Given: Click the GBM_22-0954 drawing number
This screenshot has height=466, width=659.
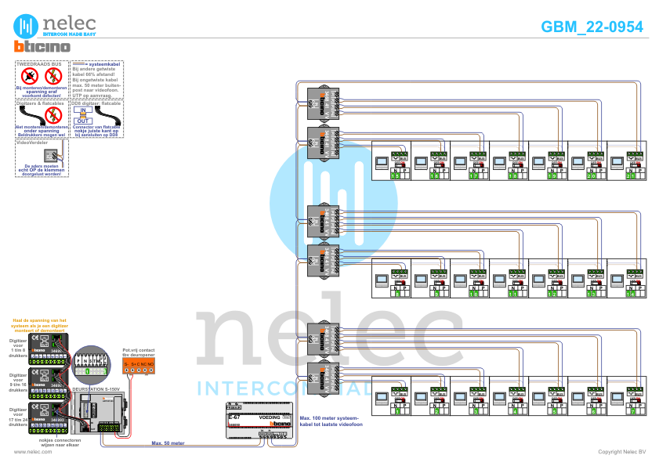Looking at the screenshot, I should pyautogui.click(x=592, y=27).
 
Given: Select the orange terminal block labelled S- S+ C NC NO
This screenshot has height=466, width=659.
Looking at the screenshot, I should pyautogui.click(x=139, y=364).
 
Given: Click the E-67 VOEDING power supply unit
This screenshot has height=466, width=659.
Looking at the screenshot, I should pyautogui.click(x=259, y=423).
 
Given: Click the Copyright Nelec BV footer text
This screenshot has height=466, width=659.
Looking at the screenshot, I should pyautogui.click(x=621, y=452).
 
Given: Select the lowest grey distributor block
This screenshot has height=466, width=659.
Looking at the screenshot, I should pyautogui.click(x=322, y=380).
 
